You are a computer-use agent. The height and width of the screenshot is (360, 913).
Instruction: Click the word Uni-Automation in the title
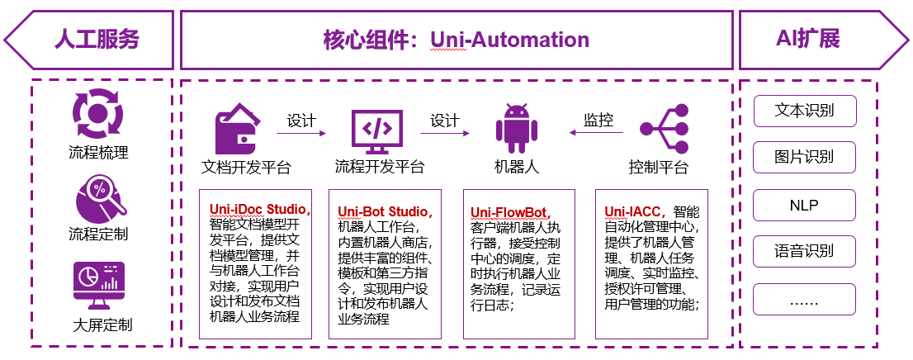point(509,40)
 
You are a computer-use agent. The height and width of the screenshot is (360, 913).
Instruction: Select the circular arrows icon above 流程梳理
point(98,114)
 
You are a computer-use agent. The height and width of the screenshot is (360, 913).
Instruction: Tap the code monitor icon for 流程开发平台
point(377,130)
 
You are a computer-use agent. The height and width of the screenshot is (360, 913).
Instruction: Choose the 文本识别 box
point(804,111)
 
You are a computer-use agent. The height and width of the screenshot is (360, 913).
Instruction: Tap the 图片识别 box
point(804,157)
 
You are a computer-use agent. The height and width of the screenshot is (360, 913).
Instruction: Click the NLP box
point(804,205)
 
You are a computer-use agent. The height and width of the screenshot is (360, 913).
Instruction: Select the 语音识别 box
point(804,251)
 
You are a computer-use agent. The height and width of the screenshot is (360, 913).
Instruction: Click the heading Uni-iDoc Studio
point(258,209)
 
